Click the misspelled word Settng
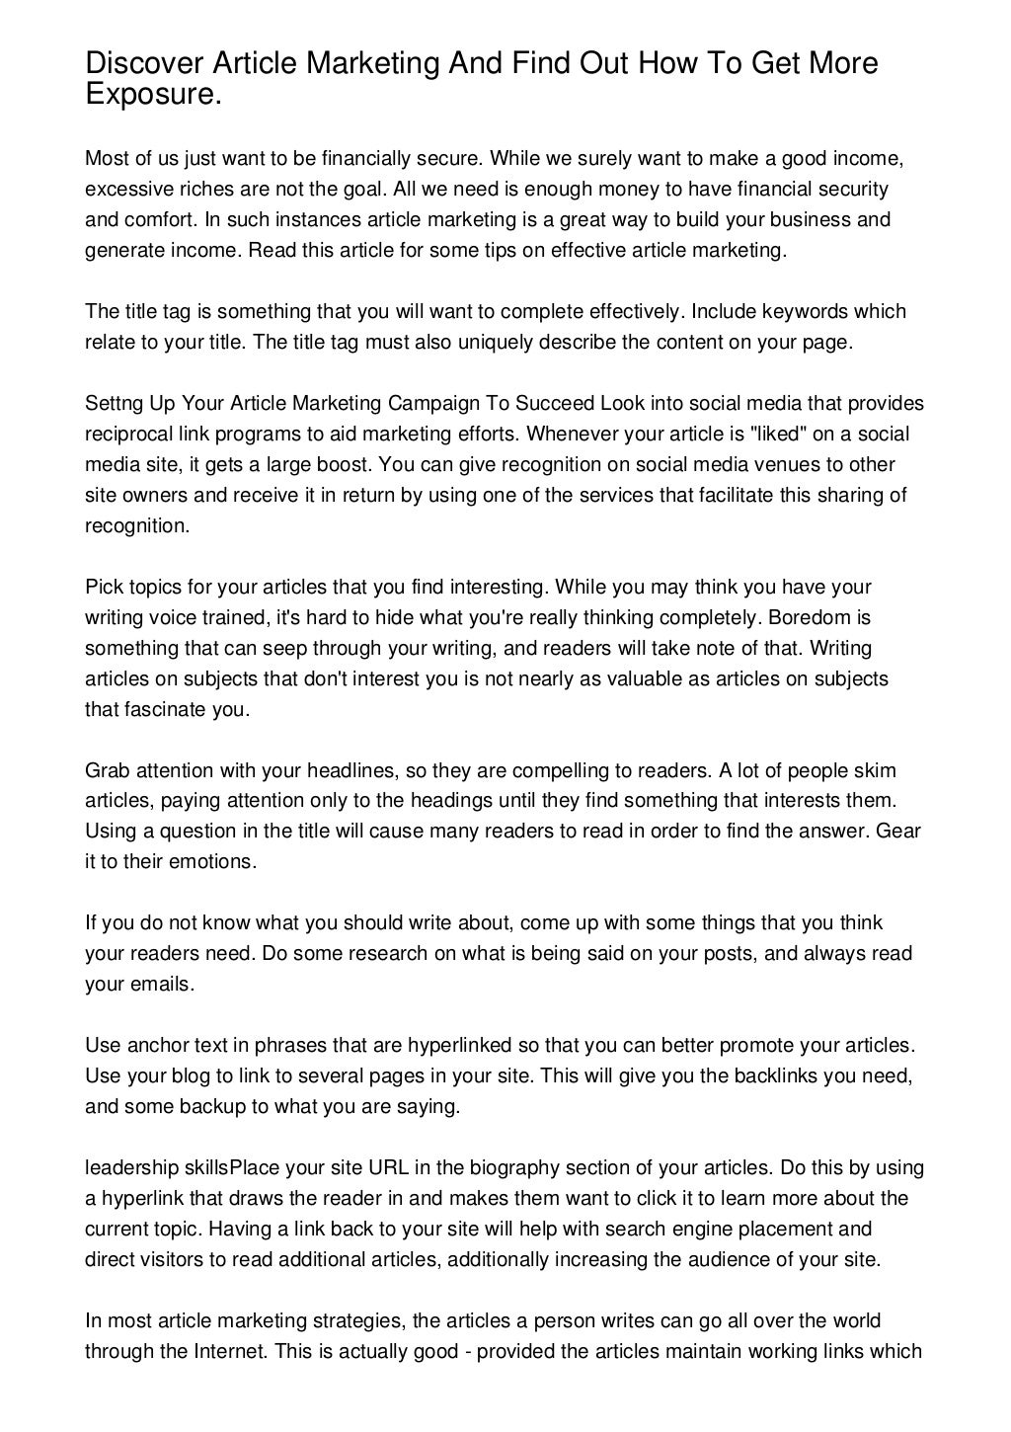point(114,404)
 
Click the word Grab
point(106,770)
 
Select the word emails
point(158,985)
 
